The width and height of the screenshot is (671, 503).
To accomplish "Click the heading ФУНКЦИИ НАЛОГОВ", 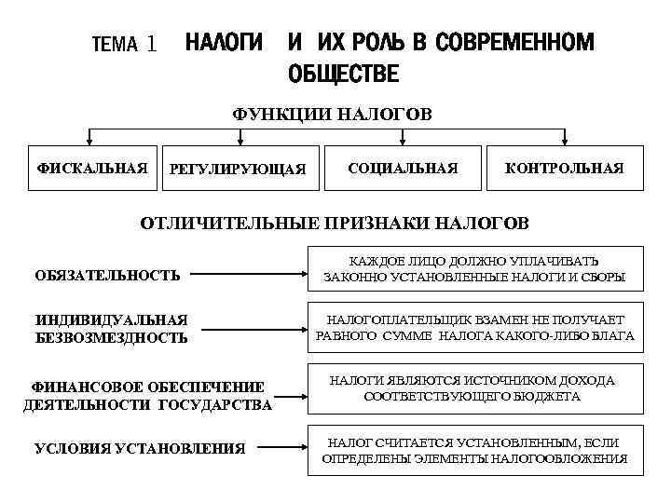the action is click(x=332, y=115).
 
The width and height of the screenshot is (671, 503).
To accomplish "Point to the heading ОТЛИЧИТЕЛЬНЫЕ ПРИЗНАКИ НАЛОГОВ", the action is click(x=333, y=224).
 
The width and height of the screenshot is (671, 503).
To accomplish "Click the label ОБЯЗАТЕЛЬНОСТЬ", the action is click(x=107, y=276).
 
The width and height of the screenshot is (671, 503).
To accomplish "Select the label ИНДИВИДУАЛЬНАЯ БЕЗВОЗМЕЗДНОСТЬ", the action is click(x=112, y=329).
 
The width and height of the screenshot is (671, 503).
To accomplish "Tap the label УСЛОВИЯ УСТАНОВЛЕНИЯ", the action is click(x=140, y=449).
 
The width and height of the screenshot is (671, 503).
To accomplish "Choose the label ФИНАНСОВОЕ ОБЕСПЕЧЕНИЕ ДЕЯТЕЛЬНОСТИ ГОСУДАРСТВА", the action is click(x=147, y=395).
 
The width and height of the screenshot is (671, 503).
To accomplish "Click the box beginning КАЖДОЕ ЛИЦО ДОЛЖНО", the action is click(x=474, y=269).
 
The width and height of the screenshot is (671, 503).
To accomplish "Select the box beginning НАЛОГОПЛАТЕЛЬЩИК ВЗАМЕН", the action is click(x=474, y=327).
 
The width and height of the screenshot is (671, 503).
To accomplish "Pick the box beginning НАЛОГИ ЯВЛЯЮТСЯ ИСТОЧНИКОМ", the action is click(x=474, y=388).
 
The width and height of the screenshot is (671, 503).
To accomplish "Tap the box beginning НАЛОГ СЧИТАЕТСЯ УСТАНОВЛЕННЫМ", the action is click(x=474, y=450).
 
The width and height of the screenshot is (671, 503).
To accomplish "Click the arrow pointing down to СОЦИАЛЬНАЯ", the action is click(x=402, y=137).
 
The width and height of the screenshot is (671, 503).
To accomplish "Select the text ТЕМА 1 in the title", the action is click(x=124, y=45).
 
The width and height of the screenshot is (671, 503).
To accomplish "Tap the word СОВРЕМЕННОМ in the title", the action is click(x=514, y=43).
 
